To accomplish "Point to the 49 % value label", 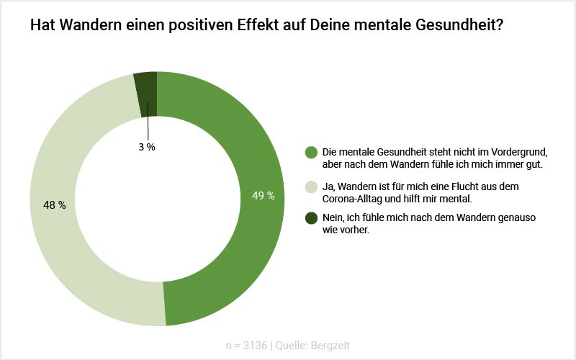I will click(263, 196).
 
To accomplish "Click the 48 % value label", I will click(55, 205).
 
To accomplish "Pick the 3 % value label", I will click(147, 147).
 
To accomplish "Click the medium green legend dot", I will click(311, 152).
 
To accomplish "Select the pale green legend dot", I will click(311, 186).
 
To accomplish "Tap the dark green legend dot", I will click(311, 217).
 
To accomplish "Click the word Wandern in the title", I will click(84, 26).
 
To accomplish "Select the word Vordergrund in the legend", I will click(517, 152).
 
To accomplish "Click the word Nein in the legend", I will click(333, 217).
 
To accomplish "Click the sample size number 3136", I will click(256, 346).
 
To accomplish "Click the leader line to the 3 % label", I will click(148, 122).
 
